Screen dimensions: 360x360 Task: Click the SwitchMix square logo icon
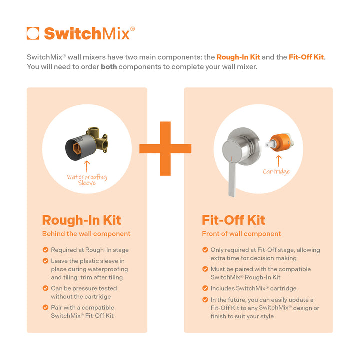33,33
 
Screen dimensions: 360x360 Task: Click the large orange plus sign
165,148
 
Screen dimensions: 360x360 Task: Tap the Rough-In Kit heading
81,220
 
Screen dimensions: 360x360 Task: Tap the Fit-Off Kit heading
233,220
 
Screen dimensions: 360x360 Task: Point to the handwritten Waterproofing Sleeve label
87,180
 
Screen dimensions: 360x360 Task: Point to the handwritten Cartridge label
276,172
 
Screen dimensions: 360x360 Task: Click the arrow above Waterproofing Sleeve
87,165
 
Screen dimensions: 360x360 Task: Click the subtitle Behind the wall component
86,234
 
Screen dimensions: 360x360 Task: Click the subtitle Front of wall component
241,234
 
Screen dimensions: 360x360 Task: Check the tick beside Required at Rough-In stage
46,250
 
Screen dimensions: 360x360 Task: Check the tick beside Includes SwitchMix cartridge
205,288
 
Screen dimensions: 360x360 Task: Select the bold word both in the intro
109,67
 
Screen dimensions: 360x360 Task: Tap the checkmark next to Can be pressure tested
46,288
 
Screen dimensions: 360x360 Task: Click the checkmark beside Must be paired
205,269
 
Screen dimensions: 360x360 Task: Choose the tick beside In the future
205,300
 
